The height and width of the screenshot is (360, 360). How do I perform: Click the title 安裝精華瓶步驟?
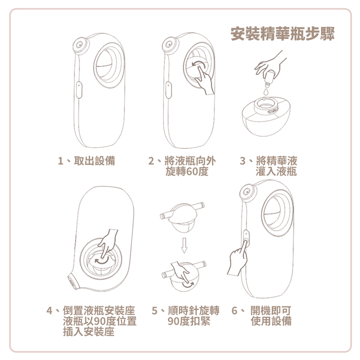pos(283,33)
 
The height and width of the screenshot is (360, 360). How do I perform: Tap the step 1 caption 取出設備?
pos(94,160)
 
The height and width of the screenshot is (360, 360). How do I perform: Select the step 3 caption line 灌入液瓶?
pos(276,171)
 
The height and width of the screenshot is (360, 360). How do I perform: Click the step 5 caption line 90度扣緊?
pos(189,321)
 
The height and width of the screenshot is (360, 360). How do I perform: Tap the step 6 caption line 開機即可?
pos(271,310)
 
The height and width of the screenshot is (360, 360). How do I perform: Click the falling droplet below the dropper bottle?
pos(266,92)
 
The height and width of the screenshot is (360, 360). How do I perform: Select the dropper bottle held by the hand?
pos(269,78)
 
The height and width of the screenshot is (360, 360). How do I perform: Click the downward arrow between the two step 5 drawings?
pos(184,245)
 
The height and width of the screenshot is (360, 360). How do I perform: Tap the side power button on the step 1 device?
pos(79,90)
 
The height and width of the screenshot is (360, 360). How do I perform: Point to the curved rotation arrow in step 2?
pos(198,64)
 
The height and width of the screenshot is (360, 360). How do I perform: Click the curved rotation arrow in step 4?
pos(101,261)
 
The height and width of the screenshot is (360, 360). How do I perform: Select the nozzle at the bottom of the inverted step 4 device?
pos(73,282)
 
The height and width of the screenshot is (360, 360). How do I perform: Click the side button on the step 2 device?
pos(168,90)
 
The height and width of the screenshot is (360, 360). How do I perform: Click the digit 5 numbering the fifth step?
pos(154,310)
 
